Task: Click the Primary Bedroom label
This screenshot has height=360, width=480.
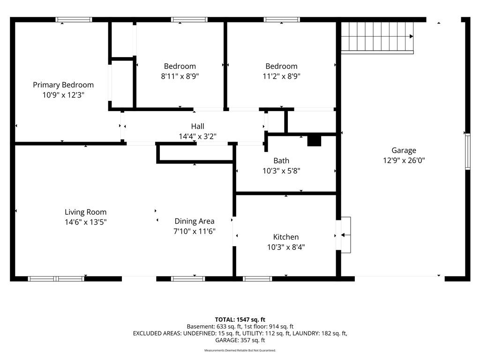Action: [x=63, y=85]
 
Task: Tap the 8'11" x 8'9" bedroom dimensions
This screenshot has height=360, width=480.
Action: [x=180, y=76]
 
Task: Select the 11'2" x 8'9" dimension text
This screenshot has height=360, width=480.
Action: [x=281, y=76]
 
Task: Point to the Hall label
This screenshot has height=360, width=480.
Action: [x=197, y=126]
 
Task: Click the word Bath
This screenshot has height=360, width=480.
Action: [x=281, y=161]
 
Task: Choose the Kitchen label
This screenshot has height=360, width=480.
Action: [x=286, y=237]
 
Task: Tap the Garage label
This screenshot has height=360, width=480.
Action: [x=404, y=150]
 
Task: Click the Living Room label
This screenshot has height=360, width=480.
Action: [x=85, y=212]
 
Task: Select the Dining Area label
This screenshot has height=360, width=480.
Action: [x=195, y=221]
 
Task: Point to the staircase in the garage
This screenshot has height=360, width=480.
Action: [x=377, y=37]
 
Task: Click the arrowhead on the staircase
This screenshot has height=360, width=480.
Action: [x=412, y=37]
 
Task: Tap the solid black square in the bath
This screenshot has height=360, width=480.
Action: [x=314, y=141]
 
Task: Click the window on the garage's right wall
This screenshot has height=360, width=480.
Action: [x=467, y=152]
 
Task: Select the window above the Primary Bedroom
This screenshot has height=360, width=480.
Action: [x=74, y=20]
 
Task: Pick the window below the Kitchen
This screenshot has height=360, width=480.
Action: [x=257, y=278]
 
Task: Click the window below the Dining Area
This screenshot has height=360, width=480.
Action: [x=188, y=278]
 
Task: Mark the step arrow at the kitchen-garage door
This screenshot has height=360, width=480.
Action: [x=345, y=235]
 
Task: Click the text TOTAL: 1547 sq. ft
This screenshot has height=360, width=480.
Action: [x=240, y=320]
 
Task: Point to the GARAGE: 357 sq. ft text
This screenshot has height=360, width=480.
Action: [x=240, y=340]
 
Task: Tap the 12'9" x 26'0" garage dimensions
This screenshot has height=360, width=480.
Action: [x=404, y=160]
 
